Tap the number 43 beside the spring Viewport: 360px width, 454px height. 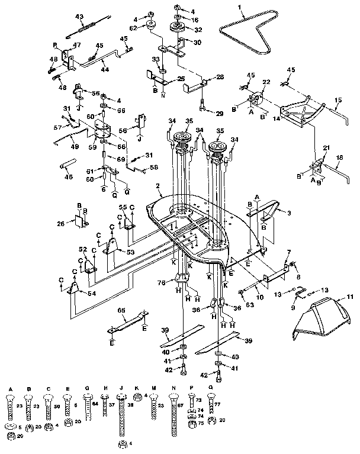pos(80,15)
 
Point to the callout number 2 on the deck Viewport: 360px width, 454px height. pos(158,186)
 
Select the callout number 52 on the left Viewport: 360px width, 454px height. pos(82,250)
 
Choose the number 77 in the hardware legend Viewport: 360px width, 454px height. pos(216,405)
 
